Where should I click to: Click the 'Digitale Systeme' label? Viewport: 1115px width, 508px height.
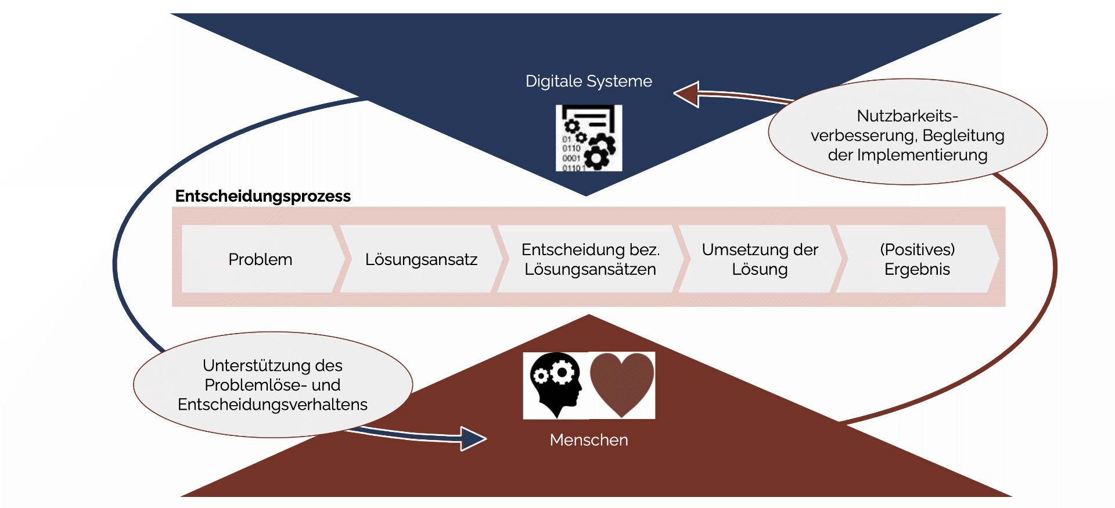[588, 81]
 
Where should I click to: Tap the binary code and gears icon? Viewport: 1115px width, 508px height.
[588, 138]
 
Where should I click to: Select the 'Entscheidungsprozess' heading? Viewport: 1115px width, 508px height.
[262, 196]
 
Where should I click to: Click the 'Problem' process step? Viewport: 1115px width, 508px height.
[260, 259]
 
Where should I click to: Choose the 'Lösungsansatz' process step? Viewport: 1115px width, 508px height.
[421, 259]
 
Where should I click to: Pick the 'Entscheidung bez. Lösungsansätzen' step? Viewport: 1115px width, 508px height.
[590, 259]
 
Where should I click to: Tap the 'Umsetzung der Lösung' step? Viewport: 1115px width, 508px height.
[760, 259]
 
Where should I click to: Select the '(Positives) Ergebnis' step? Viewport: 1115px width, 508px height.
[917, 259]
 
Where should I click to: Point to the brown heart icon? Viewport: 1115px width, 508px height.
[622, 384]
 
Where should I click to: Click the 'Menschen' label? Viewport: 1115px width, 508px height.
[588, 440]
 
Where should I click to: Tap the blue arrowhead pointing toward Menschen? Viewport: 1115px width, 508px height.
[473, 438]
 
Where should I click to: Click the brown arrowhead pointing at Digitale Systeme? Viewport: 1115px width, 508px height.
[688, 94]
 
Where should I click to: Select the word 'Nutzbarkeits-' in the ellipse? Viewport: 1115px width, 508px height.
[907, 116]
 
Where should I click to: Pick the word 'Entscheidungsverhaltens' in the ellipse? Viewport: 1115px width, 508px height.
[272, 405]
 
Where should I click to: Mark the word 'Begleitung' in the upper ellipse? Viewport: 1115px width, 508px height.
[963, 135]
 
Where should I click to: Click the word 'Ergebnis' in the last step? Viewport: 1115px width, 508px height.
[917, 270]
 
